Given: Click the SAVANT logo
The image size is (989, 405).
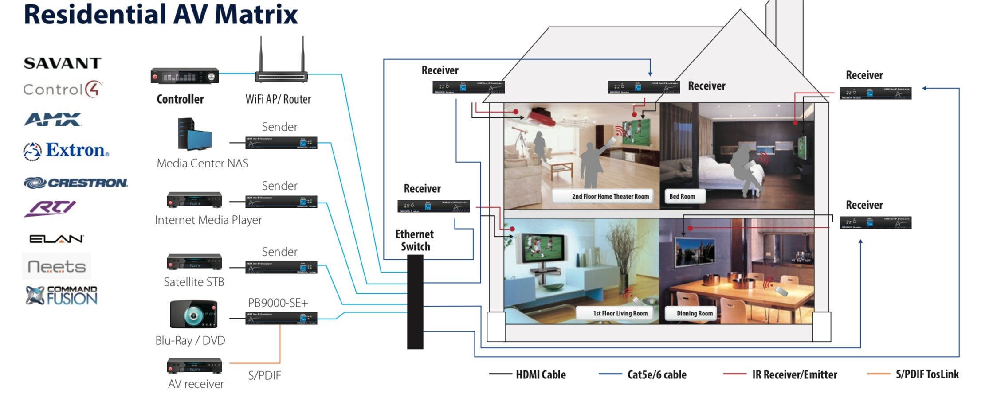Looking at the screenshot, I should pos(63,63).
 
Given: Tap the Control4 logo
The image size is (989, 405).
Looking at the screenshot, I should pos(63,89).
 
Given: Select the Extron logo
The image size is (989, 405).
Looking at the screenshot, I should pos(66,151).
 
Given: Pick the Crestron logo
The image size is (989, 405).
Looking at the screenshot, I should pos(75,183).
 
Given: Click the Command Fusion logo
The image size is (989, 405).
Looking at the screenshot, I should pos(62,296).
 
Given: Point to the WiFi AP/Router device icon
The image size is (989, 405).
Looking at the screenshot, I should pos(281,62).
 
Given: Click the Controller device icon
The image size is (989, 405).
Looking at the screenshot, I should pos(184,76).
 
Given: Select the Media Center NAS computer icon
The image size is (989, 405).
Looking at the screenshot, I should pos(194,135).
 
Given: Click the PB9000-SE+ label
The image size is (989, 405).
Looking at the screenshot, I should pos(278,303).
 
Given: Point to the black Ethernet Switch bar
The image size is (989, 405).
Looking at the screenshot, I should pos(415,302).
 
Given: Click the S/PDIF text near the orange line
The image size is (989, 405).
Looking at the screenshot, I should pos(264,376).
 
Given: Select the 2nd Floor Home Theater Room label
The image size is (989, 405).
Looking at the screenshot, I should pos(610,196).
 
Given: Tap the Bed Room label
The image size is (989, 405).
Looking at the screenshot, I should pos(682,196).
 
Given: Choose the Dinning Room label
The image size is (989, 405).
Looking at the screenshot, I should pos(695,313).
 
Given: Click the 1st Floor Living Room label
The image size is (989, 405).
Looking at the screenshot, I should pos(620,313).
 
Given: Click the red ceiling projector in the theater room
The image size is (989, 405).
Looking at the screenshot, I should pos(541,116).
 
